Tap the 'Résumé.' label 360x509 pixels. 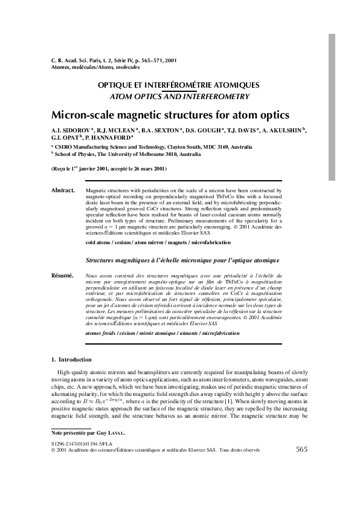click(63, 276)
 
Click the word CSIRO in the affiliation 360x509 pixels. click(66, 147)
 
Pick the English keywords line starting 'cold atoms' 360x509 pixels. click(158, 242)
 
